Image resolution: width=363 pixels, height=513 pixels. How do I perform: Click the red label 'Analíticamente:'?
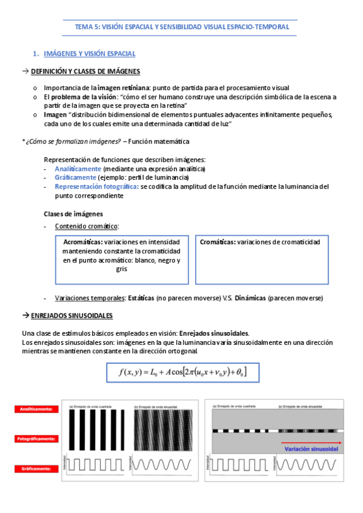pyautogui.click(x=34, y=409)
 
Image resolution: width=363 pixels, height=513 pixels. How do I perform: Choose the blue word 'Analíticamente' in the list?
pyautogui.click(x=78, y=168)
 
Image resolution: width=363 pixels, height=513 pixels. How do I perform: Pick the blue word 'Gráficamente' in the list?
pyautogui.click(x=75, y=177)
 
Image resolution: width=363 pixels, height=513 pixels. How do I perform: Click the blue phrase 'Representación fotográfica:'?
pyautogui.click(x=96, y=187)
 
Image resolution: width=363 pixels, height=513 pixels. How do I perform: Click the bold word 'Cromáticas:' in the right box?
pyautogui.click(x=218, y=242)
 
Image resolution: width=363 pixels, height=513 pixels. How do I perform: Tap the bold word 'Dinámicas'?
pyautogui.click(x=250, y=298)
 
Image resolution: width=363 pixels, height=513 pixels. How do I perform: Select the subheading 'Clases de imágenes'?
pyautogui.click(x=73, y=214)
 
